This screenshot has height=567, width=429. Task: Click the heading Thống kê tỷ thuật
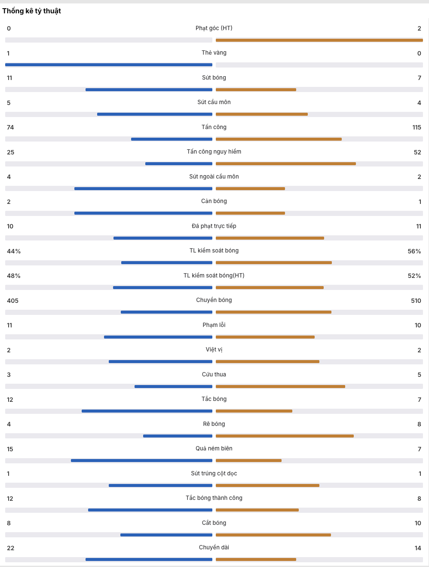[x=32, y=11]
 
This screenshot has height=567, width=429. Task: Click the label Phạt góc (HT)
[x=214, y=28]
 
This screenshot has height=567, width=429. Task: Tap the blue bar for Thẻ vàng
[x=109, y=65]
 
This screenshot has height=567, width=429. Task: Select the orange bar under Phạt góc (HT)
[x=319, y=40]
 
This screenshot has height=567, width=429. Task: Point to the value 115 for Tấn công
[x=417, y=127]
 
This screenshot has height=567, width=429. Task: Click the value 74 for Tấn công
[x=10, y=127]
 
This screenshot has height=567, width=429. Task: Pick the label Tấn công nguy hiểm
[x=214, y=152]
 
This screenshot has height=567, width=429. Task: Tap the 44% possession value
[x=14, y=251]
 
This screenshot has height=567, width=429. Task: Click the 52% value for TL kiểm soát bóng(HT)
[x=414, y=276]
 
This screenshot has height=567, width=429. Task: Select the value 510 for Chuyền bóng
[x=416, y=301]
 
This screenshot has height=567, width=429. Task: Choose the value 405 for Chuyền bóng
[x=12, y=301]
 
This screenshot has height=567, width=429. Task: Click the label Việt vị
[x=214, y=350]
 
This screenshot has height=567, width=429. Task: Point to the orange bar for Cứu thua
[x=280, y=386]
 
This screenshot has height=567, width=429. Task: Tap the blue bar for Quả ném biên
[x=141, y=461]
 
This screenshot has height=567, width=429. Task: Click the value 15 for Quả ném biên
[x=10, y=449]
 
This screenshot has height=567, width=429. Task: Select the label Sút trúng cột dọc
[x=214, y=474]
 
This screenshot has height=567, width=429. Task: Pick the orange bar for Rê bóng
[x=285, y=436]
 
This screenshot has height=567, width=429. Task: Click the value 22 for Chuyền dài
[x=10, y=548]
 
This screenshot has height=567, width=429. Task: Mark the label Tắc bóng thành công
[x=214, y=498]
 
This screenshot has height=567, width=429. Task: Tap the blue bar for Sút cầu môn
[x=155, y=114]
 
